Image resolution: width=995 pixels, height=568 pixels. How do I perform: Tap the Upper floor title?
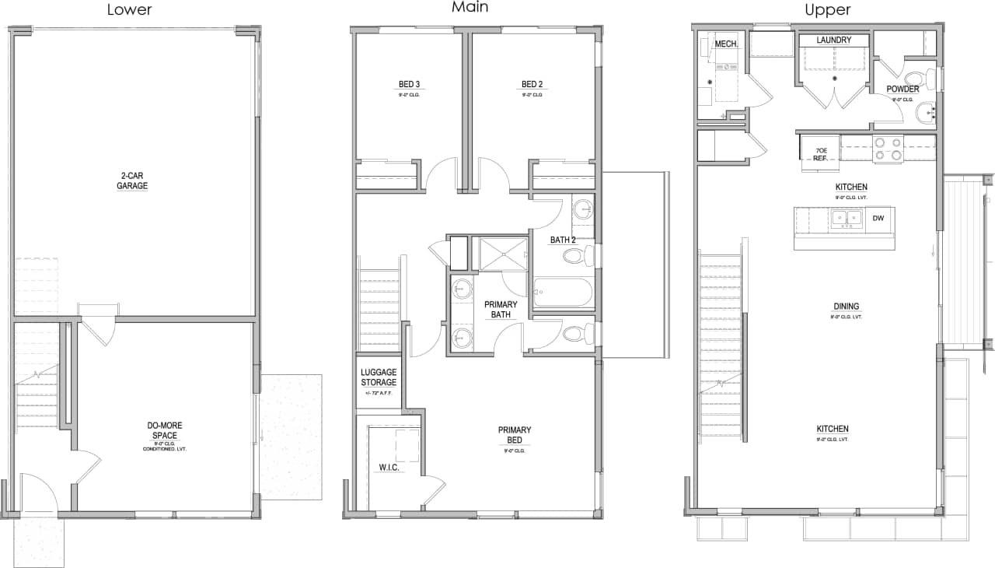[827, 10]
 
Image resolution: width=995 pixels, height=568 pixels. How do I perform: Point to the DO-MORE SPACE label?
[165, 430]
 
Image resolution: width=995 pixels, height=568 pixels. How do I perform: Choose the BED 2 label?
[532, 84]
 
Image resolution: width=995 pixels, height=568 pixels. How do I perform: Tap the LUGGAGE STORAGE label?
[379, 377]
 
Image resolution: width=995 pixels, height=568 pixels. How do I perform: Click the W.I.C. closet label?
[389, 468]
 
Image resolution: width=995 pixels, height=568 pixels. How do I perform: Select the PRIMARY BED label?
[515, 434]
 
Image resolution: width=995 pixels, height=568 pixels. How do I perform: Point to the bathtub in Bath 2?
[564, 293]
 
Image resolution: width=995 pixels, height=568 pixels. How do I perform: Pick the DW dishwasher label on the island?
[878, 219]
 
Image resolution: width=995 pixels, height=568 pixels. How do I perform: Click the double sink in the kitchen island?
[845, 219]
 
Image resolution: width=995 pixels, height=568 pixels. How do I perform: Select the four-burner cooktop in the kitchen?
[887, 149]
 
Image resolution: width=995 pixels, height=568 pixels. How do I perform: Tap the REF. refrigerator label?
[820, 153]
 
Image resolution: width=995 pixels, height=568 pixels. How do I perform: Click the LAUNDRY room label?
[834, 40]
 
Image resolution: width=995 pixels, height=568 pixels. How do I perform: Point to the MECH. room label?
[725, 44]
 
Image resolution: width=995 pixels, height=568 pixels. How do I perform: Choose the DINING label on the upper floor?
[847, 306]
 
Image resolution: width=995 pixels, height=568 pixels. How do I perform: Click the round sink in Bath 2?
[583, 209]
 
